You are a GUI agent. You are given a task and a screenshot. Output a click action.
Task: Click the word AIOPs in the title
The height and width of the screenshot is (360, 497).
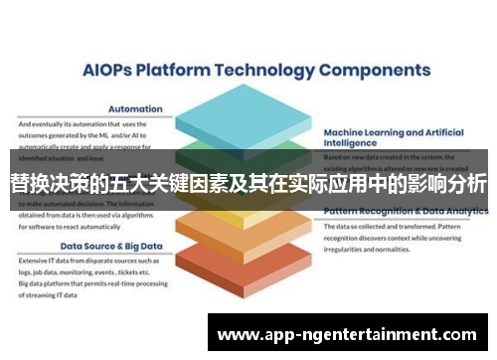point(104,71)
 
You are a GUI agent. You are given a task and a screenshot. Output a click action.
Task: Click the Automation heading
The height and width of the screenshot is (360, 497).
point(135,110)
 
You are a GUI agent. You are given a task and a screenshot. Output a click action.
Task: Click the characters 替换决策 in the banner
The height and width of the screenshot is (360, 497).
point(46,185)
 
